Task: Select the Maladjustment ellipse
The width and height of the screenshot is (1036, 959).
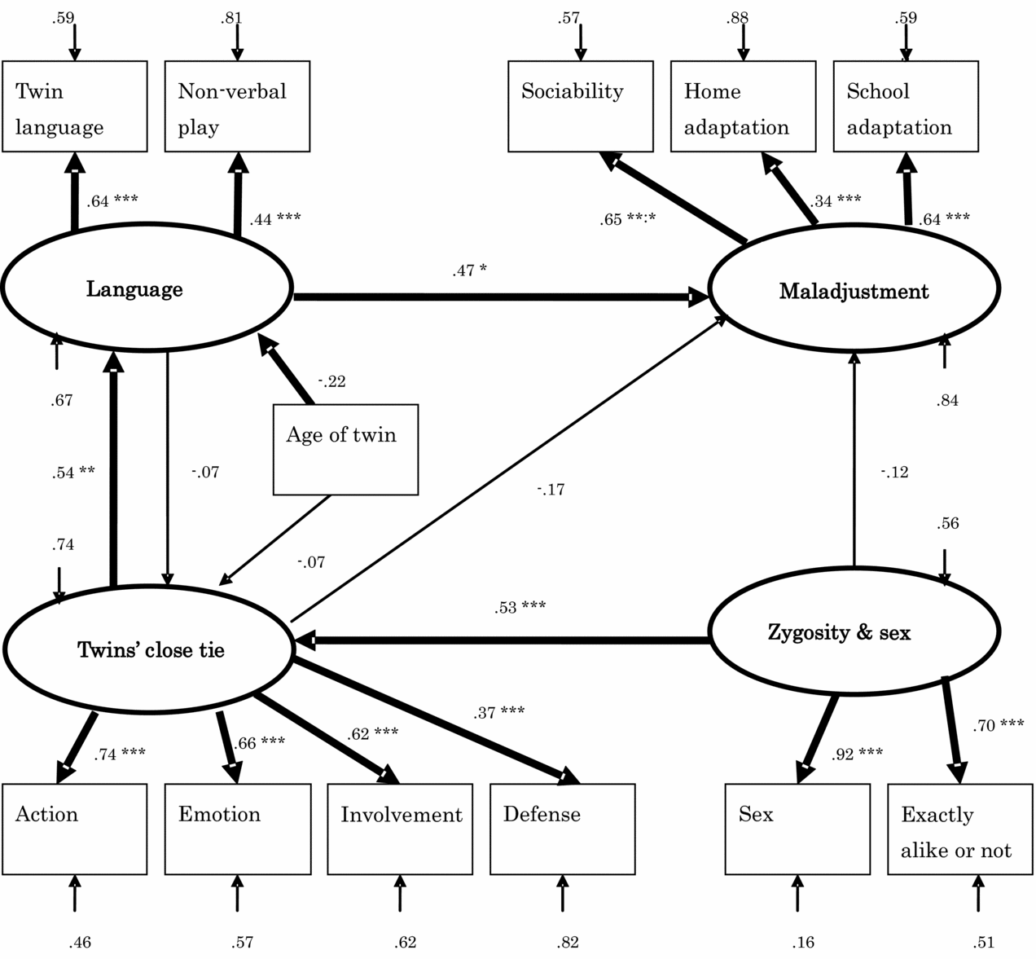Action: [854, 291]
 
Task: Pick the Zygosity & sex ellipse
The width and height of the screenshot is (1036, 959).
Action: [854, 631]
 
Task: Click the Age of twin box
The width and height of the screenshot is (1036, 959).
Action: [345, 449]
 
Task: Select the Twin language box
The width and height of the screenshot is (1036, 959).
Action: [75, 106]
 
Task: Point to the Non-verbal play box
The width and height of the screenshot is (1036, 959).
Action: [237, 106]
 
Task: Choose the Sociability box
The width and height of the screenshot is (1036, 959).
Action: [580, 106]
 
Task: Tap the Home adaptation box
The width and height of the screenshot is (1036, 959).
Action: [743, 106]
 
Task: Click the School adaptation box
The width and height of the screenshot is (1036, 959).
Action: [905, 106]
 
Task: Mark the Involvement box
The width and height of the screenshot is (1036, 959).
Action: [400, 829]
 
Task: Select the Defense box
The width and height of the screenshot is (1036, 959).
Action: [562, 829]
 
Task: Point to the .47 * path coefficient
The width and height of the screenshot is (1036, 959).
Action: [469, 271]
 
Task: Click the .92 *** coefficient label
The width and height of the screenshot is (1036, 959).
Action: [857, 754]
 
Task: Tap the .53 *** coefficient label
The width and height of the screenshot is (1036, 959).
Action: [520, 607]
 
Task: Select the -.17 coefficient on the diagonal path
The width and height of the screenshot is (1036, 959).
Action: [551, 490]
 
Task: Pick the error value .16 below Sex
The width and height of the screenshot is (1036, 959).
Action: [802, 943]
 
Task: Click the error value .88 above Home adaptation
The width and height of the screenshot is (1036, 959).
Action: [737, 18]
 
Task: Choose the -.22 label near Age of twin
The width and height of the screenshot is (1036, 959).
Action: [331, 381]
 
